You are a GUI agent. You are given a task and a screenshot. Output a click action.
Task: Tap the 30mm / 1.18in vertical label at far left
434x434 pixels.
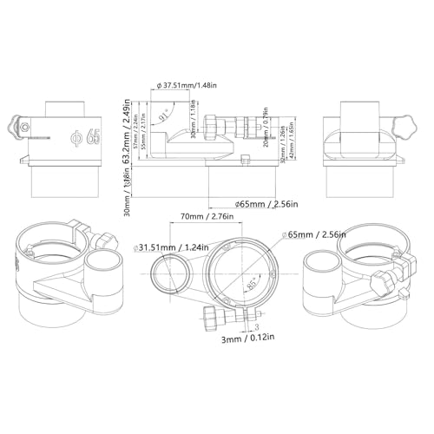(x=126, y=194)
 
